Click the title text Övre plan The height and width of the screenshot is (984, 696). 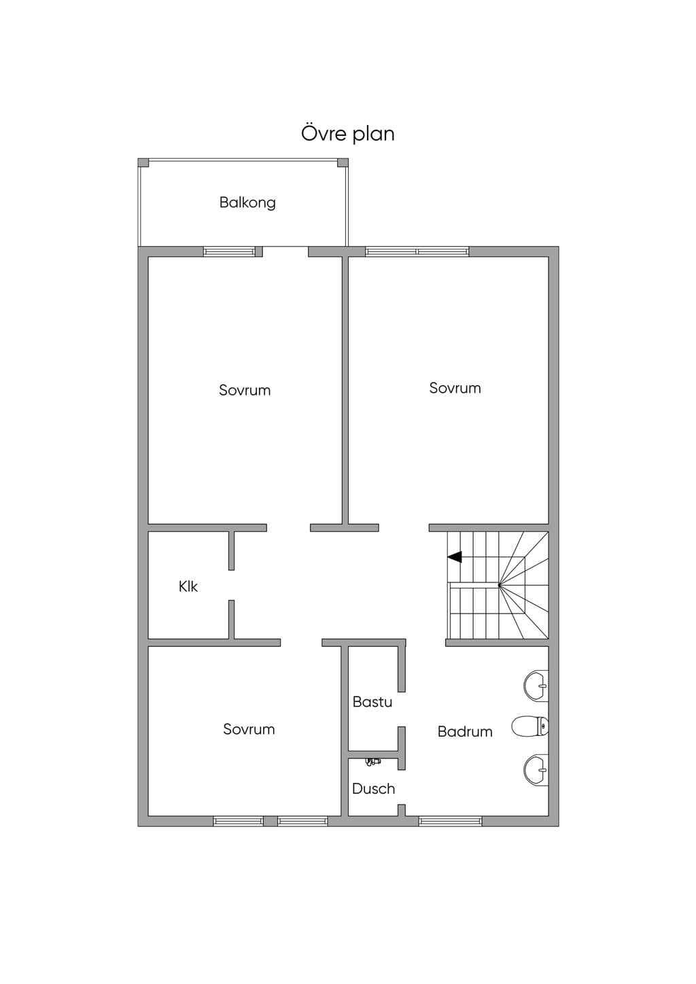[x=347, y=134]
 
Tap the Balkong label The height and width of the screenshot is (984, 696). [x=247, y=203]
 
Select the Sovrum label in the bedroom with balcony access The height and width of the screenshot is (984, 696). [x=245, y=390]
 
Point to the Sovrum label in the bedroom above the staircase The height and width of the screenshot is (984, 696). [x=455, y=388]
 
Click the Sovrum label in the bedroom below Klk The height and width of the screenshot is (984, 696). [x=249, y=729]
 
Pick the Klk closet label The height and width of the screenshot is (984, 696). [x=188, y=586]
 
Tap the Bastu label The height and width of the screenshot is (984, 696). [x=372, y=701]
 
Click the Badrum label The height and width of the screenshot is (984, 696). [x=465, y=731]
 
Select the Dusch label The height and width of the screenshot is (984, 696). [x=373, y=788]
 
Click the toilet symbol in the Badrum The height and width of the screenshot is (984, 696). [x=530, y=726]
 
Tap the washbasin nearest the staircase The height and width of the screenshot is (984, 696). [x=536, y=686]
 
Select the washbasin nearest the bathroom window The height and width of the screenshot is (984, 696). [x=536, y=770]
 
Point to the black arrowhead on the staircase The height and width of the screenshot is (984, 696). [x=455, y=557]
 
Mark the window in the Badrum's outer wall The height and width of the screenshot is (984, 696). [x=451, y=821]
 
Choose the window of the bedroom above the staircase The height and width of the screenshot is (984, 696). [x=417, y=251]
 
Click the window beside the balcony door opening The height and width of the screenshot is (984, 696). [x=229, y=251]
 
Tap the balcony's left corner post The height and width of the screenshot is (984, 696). [x=143, y=163]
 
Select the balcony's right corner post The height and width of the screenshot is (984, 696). [x=343, y=163]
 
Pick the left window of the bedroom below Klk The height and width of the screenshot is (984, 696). [x=239, y=821]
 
